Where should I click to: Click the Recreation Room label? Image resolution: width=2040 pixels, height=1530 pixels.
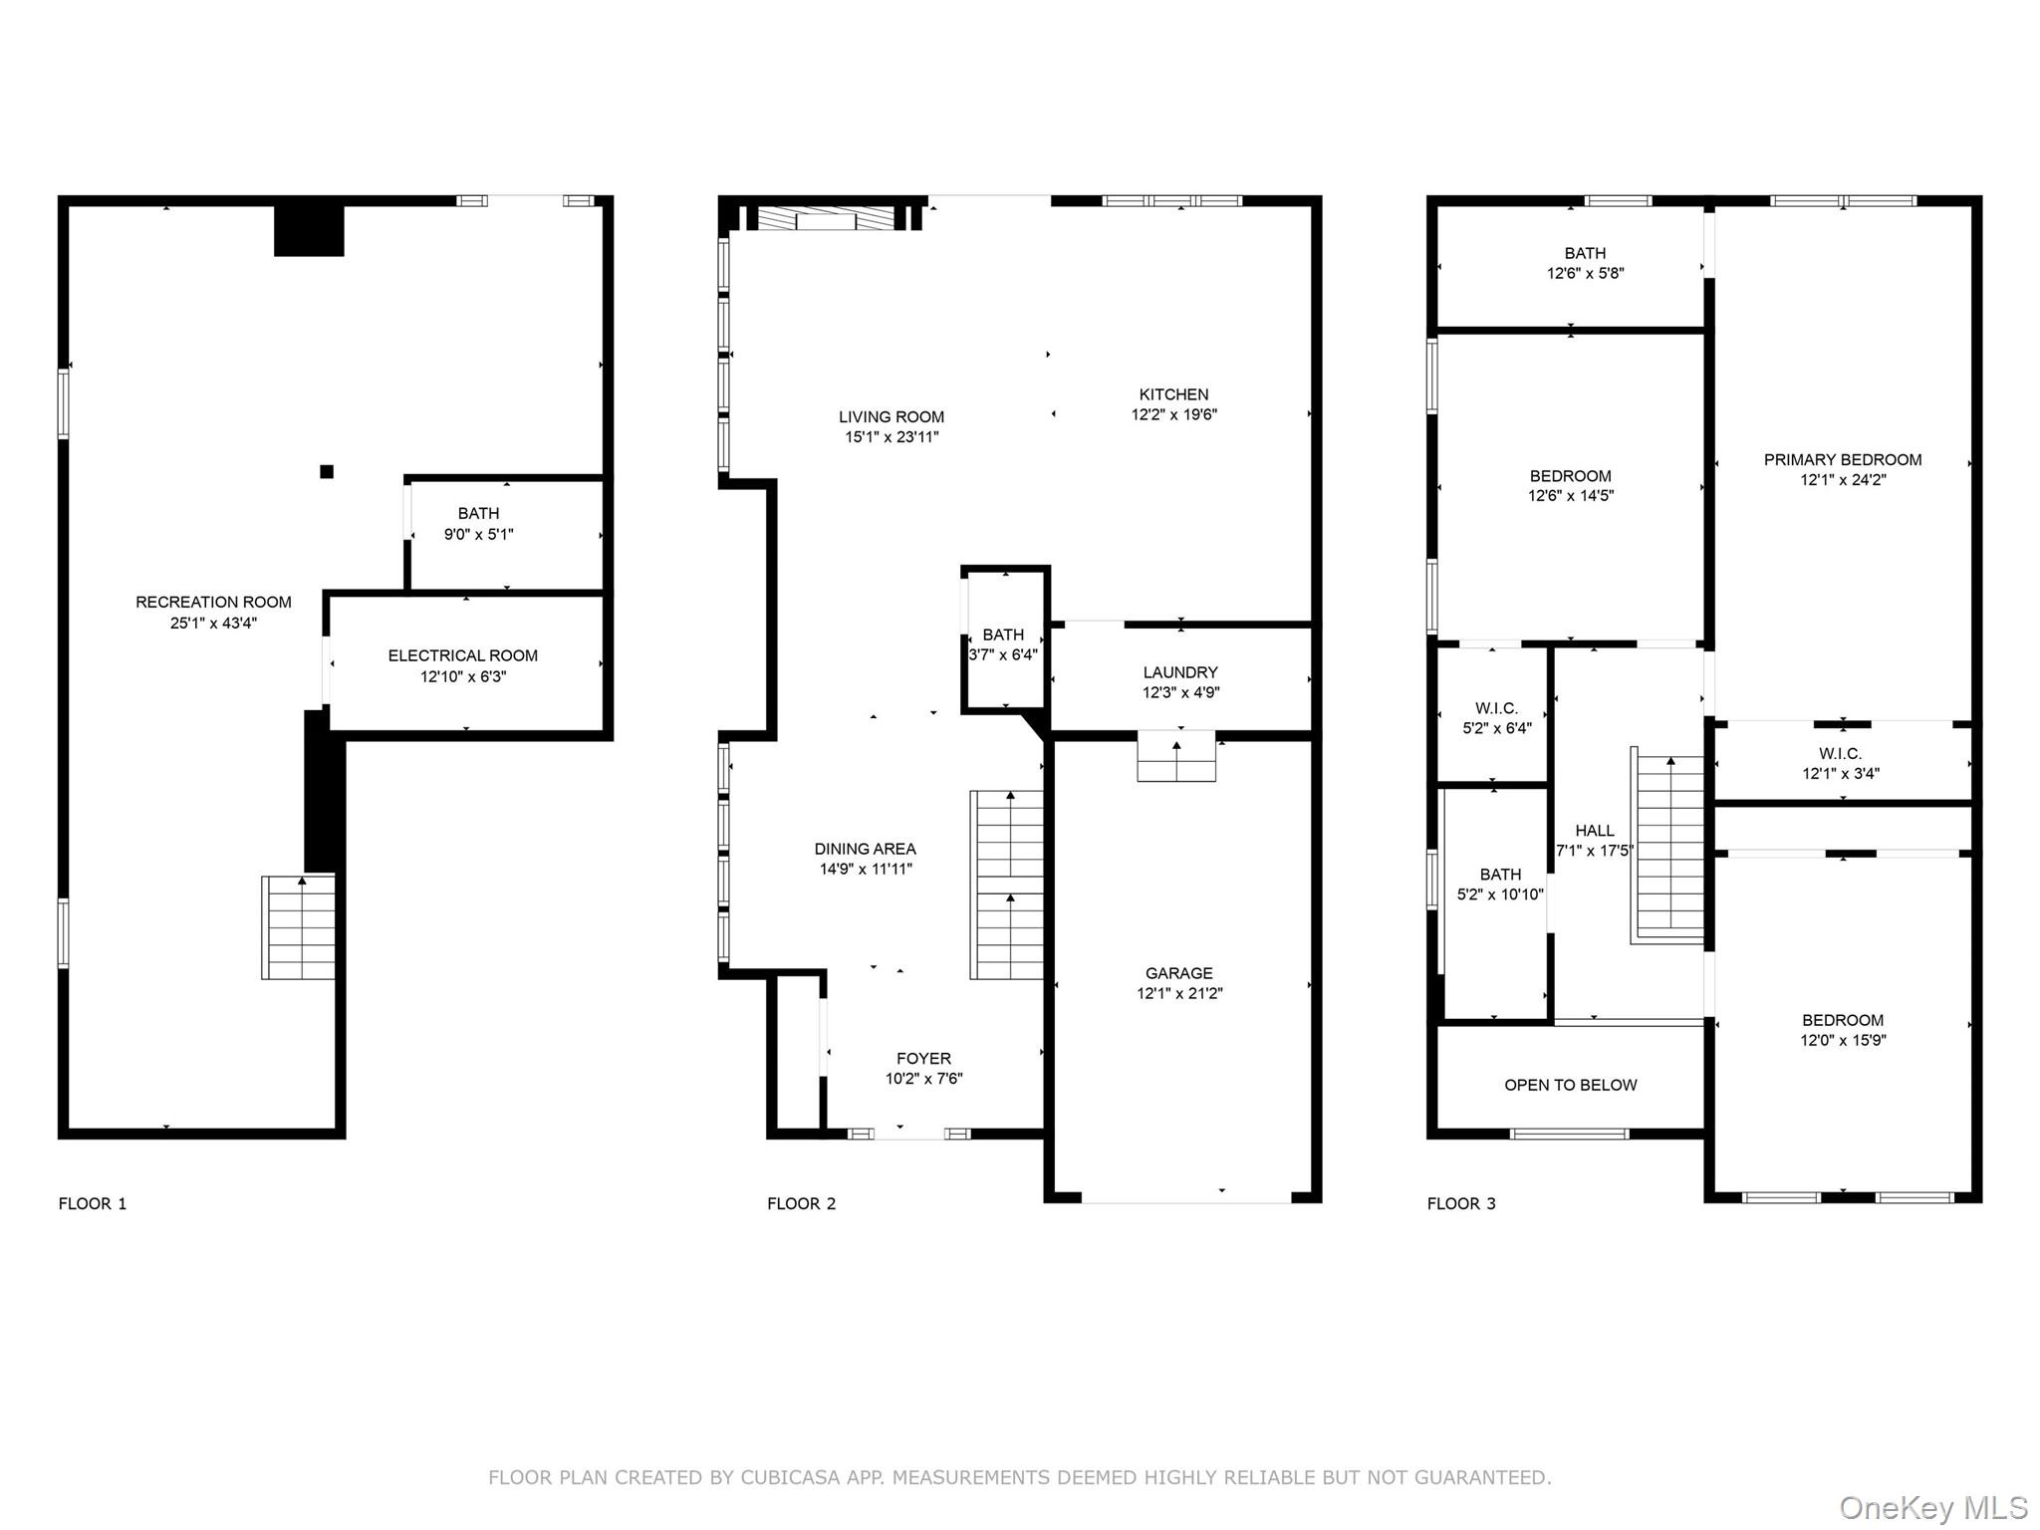tap(213, 602)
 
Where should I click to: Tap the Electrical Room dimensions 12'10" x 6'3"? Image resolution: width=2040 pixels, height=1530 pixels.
tap(463, 676)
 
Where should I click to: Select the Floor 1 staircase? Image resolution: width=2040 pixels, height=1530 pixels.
tap(299, 927)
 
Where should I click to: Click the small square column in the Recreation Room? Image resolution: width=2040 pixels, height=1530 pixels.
tap(327, 471)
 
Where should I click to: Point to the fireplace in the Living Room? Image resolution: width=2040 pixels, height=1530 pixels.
tap(826, 219)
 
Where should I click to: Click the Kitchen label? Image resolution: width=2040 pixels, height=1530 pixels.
tap(1173, 394)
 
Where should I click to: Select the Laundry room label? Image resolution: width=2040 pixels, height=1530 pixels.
tap(1180, 672)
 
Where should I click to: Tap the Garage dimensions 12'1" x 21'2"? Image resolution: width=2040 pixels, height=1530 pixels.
tap(1179, 993)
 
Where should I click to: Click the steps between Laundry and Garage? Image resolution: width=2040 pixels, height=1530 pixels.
tap(1176, 758)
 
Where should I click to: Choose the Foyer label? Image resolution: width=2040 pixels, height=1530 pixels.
tap(923, 1058)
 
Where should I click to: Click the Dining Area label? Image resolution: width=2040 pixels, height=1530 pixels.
tap(865, 849)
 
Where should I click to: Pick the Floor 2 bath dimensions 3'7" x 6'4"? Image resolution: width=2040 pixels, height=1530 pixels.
tap(1003, 654)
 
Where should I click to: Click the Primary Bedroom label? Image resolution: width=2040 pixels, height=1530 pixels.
tap(1843, 459)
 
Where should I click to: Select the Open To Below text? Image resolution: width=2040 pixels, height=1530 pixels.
tap(1570, 1085)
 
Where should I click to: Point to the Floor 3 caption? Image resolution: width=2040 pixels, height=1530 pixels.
tap(1461, 1203)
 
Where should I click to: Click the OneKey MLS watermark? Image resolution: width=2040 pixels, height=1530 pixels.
tap(1932, 1508)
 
